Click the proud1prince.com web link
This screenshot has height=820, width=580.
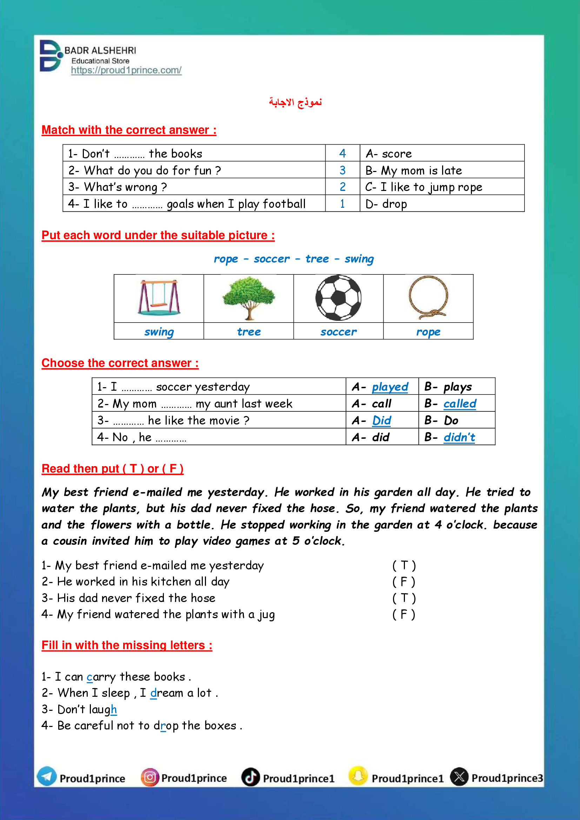[x=126, y=70]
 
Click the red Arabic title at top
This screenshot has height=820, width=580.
[x=295, y=102]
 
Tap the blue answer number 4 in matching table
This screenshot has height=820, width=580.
[x=342, y=154]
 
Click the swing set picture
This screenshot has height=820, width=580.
[x=159, y=298]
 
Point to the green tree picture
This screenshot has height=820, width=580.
[x=248, y=298]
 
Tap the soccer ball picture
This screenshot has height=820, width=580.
[x=338, y=298]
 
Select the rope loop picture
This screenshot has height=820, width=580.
[x=428, y=298]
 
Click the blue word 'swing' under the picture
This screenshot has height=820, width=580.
[x=159, y=332]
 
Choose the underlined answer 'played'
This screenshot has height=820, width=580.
[x=390, y=387]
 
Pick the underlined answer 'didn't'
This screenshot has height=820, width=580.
[x=459, y=437]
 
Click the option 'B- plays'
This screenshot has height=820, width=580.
[x=448, y=387]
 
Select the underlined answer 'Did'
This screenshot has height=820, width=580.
[x=382, y=421]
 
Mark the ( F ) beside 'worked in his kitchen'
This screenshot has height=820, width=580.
[x=404, y=582]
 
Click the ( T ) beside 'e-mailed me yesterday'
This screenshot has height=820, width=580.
[x=404, y=566]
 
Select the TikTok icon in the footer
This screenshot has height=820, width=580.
[x=251, y=777]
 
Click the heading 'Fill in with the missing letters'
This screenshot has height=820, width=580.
[x=127, y=645]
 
